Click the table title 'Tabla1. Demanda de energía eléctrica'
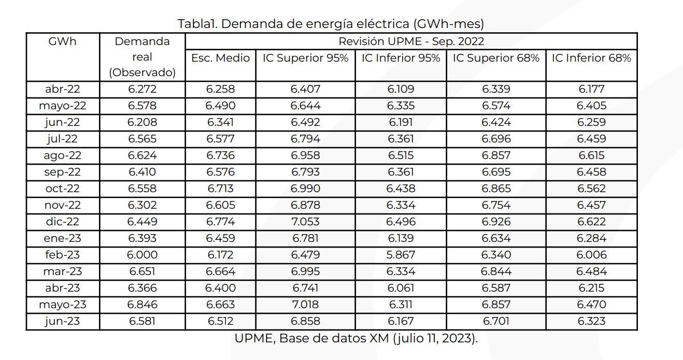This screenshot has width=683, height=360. [331, 24]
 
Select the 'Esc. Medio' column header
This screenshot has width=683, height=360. [220, 58]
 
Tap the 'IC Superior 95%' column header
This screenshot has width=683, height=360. [305, 58]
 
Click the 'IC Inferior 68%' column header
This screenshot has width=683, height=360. [591, 58]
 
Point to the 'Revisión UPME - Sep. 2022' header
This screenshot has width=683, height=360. [411, 41]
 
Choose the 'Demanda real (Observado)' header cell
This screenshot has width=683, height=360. [142, 57]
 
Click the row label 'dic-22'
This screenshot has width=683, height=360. [62, 222]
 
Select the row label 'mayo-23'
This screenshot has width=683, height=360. [62, 305]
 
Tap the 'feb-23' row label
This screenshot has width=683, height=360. [62, 255]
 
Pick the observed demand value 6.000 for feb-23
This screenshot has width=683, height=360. [142, 255]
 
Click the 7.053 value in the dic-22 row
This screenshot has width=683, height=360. [305, 222]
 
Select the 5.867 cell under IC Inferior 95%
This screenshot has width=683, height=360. [401, 255]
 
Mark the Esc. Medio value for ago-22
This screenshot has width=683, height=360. [220, 155]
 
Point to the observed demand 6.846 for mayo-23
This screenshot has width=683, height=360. [142, 305]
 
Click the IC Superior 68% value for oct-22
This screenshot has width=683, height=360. [496, 189]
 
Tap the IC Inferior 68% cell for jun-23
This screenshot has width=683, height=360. [591, 321]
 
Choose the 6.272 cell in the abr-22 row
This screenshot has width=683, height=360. [142, 89]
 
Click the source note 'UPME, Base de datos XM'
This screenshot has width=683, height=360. [356, 339]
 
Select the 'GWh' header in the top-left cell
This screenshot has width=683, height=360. [62, 41]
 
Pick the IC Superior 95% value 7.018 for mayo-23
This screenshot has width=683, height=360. [305, 305]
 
